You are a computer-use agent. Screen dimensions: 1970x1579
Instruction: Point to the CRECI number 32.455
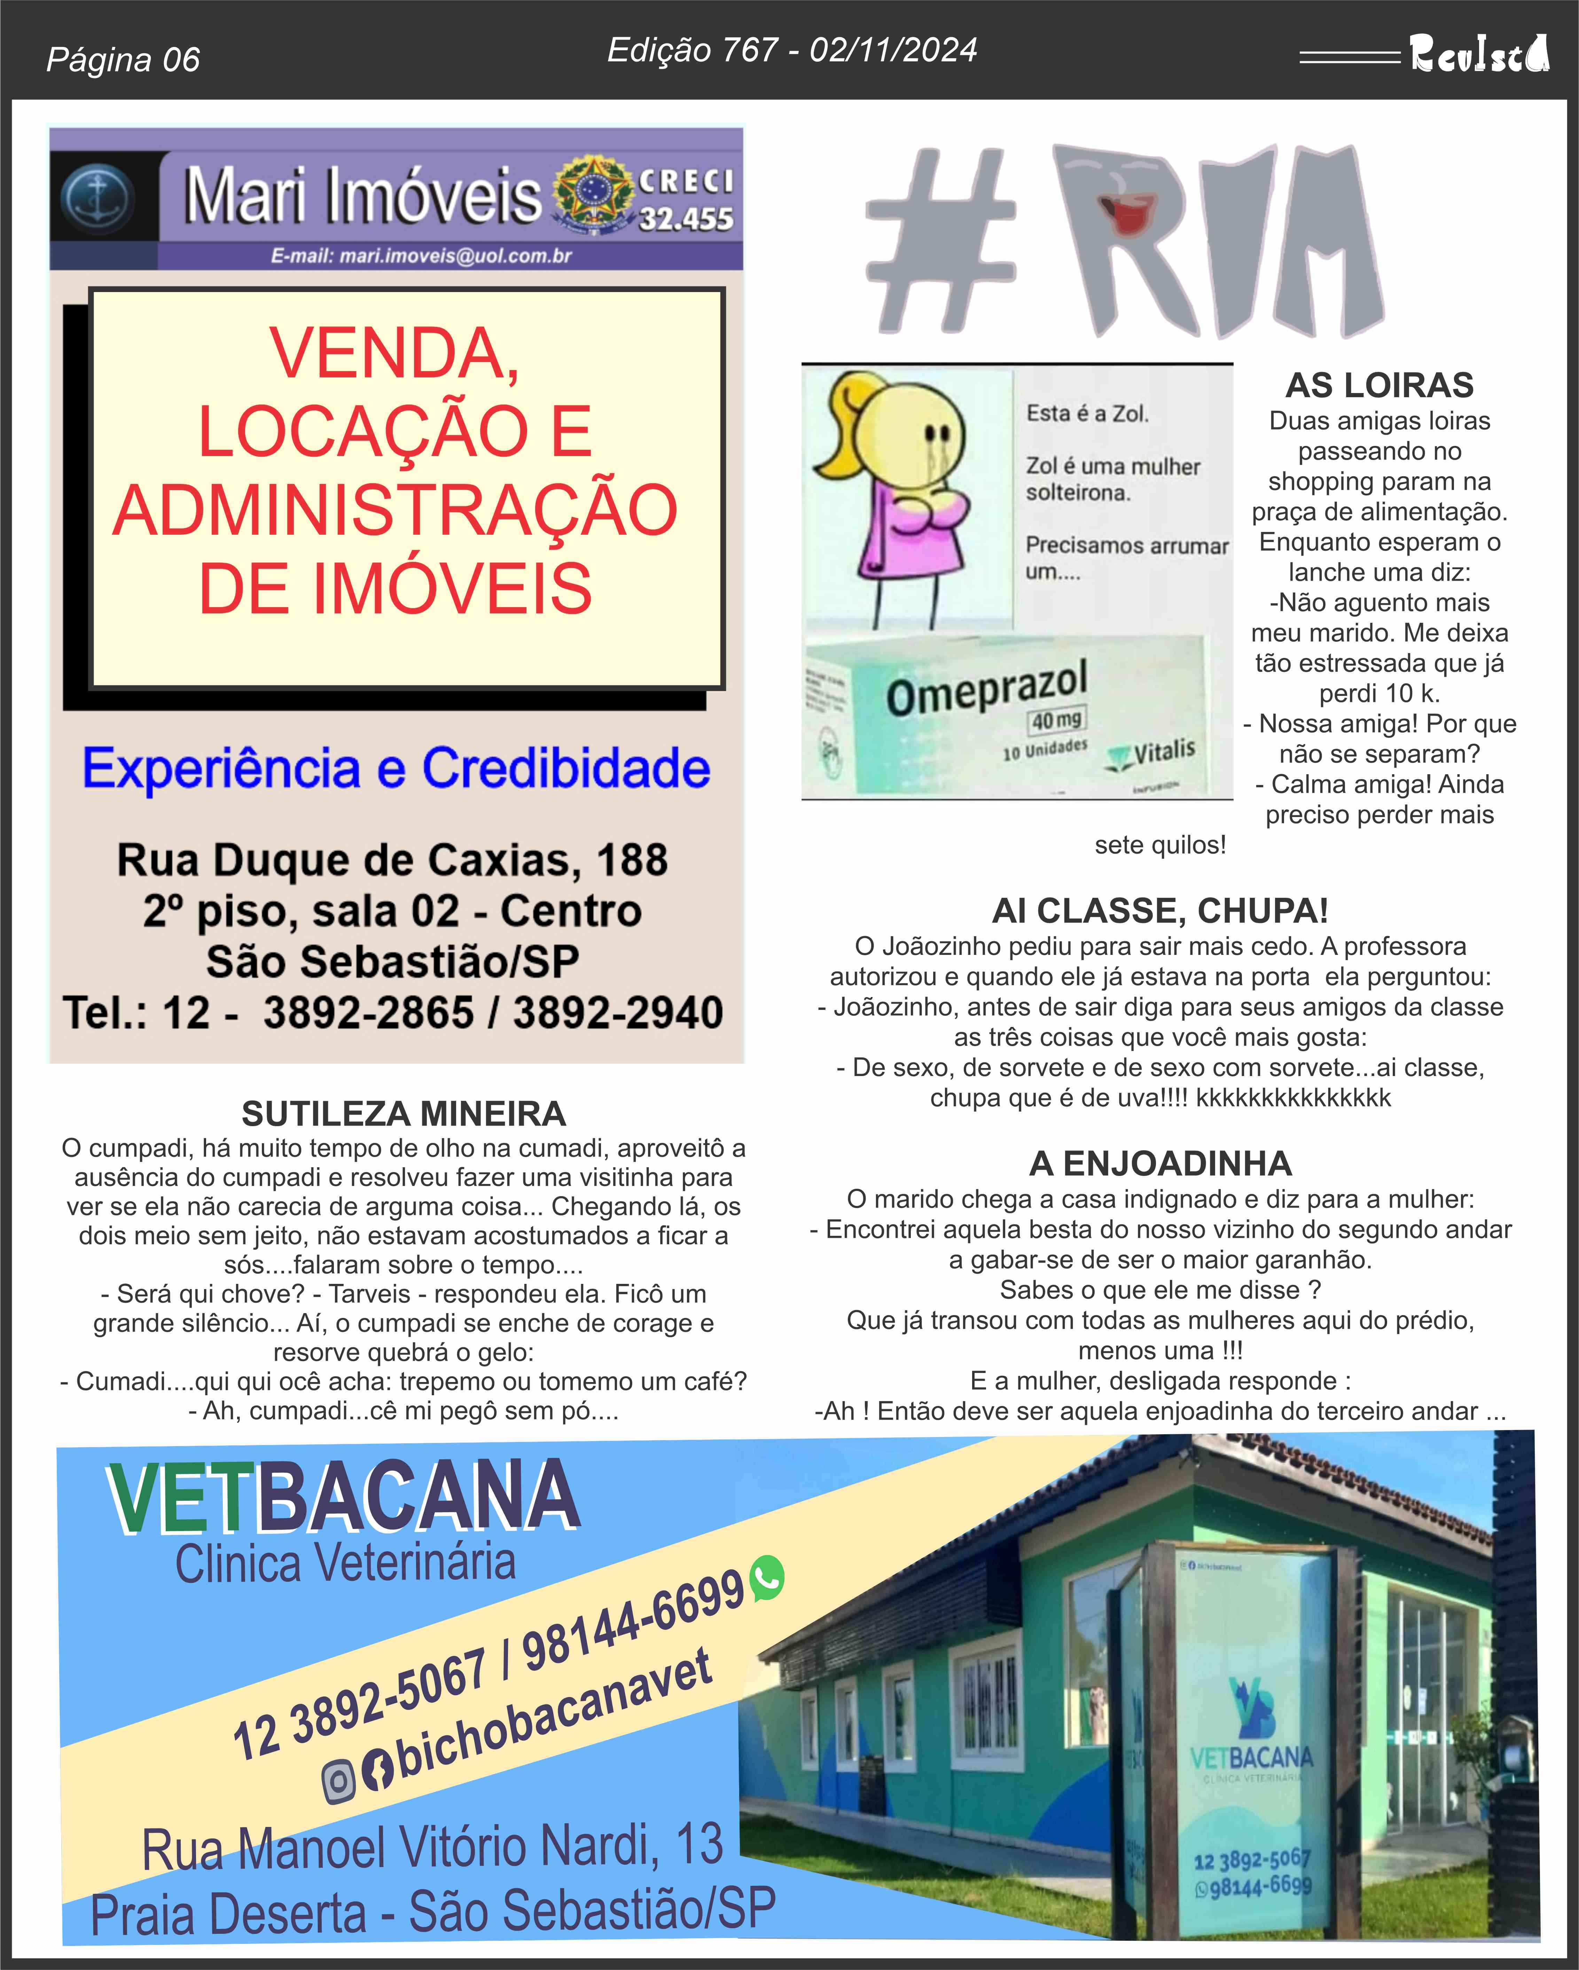[x=685, y=219]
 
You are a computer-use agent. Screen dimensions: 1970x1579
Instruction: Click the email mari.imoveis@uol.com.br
[x=420, y=256]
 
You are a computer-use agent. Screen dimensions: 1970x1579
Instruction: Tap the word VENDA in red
[x=395, y=354]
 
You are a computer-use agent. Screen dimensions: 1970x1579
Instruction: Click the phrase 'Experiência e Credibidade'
[x=396, y=768]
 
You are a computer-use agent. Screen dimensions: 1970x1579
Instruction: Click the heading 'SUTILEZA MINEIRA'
[x=403, y=1114]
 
